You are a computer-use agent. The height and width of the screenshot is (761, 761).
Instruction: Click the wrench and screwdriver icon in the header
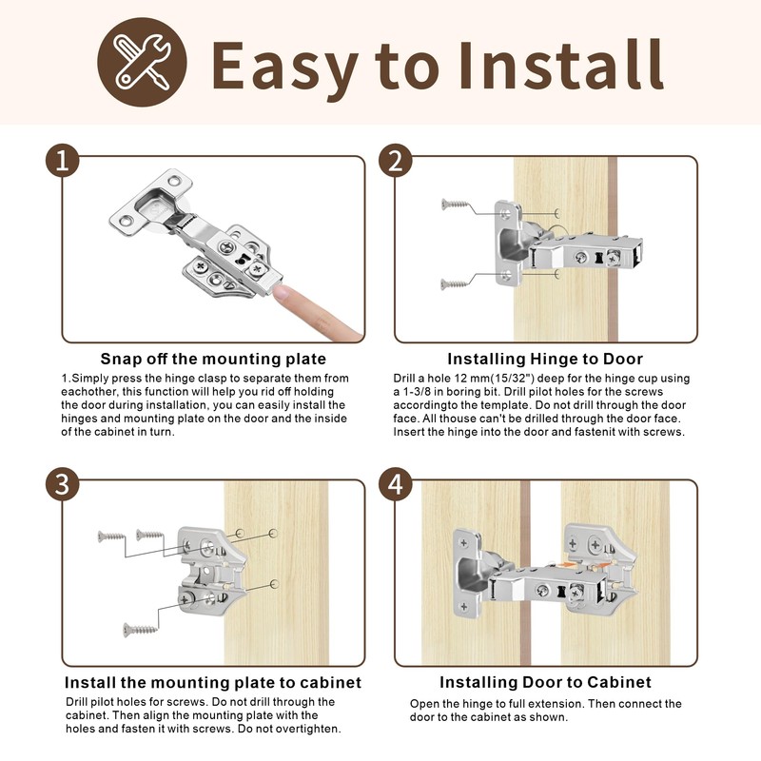pos(142,63)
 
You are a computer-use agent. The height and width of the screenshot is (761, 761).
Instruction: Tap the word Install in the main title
pos(561,65)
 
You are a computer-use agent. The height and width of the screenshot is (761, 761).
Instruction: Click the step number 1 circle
pos(63,161)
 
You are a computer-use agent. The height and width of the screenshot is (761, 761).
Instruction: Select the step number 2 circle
pos(396,161)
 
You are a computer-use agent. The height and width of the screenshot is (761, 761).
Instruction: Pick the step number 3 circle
pos(63,484)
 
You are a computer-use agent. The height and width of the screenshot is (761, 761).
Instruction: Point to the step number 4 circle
pos(396,484)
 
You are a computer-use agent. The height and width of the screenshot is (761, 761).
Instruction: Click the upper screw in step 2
pos(456,205)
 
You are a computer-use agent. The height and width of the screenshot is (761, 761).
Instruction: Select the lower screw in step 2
pos(455,284)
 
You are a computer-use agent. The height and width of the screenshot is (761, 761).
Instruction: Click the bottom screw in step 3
pos(140,630)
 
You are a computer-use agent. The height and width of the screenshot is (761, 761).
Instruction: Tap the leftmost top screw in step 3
pos(111,537)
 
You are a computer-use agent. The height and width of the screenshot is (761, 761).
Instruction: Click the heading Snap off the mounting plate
pos(213,360)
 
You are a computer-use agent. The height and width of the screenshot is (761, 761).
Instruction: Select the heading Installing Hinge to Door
pos(545,360)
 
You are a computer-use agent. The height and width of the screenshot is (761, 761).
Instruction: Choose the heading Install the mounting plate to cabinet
pos(213,683)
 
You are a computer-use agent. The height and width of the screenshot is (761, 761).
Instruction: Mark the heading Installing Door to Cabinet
pos(545,682)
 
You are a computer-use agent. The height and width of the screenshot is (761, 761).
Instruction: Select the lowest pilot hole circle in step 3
pos(275,583)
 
